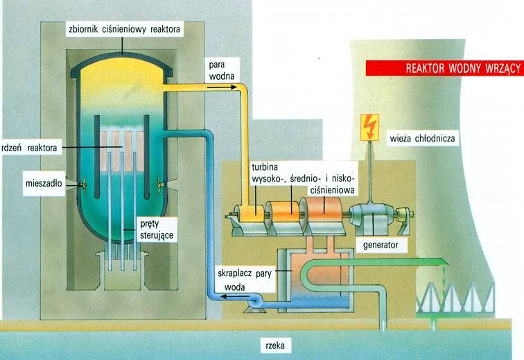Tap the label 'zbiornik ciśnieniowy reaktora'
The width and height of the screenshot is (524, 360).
[x=123, y=30]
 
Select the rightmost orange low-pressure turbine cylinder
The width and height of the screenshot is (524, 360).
[x=320, y=209]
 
